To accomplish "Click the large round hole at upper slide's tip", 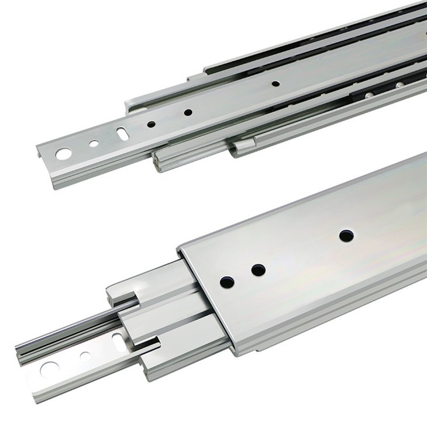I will click(63, 154).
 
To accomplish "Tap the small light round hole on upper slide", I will click(94, 143).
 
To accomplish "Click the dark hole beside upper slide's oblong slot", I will click(151, 124).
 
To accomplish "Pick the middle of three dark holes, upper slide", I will click(188, 112).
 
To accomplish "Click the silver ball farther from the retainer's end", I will click(400, 85).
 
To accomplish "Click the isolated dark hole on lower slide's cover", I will click(346, 236).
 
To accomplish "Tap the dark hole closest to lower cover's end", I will click(227, 282).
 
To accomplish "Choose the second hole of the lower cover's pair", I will click(258, 270).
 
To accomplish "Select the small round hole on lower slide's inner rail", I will click(85, 355).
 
